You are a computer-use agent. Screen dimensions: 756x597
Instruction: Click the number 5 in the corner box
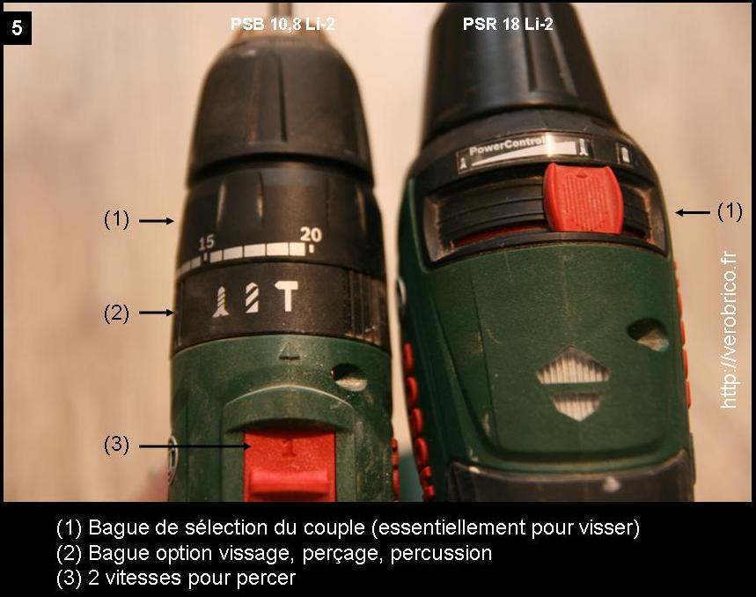tap(17, 28)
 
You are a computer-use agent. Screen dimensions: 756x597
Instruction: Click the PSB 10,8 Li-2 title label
tap(283, 24)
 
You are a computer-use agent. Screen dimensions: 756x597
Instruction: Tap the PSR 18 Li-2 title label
tap(508, 24)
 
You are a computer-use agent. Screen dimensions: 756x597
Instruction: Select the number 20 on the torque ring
tap(311, 234)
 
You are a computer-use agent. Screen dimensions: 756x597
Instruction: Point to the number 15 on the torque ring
tap(206, 242)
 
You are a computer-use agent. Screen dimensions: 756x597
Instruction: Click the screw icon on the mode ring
tap(221, 301)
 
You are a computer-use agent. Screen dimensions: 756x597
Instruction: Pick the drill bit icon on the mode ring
tap(252, 298)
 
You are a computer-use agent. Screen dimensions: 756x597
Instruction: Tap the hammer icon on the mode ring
tap(288, 297)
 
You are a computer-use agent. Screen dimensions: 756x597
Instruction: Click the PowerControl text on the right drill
tap(507, 146)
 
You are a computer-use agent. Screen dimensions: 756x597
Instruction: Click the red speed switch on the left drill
tap(289, 464)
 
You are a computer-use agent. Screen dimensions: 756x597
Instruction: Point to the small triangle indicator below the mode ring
tap(290, 351)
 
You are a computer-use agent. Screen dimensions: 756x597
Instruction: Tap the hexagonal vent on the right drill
tap(573, 383)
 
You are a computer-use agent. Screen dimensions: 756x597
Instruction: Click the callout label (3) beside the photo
tap(117, 444)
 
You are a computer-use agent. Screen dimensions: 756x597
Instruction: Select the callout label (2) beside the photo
tap(117, 313)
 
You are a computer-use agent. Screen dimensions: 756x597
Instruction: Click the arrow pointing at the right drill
tap(693, 212)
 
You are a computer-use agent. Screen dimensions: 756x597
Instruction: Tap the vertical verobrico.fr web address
tap(729, 331)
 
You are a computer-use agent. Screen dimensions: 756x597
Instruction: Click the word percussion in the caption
tap(441, 553)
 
